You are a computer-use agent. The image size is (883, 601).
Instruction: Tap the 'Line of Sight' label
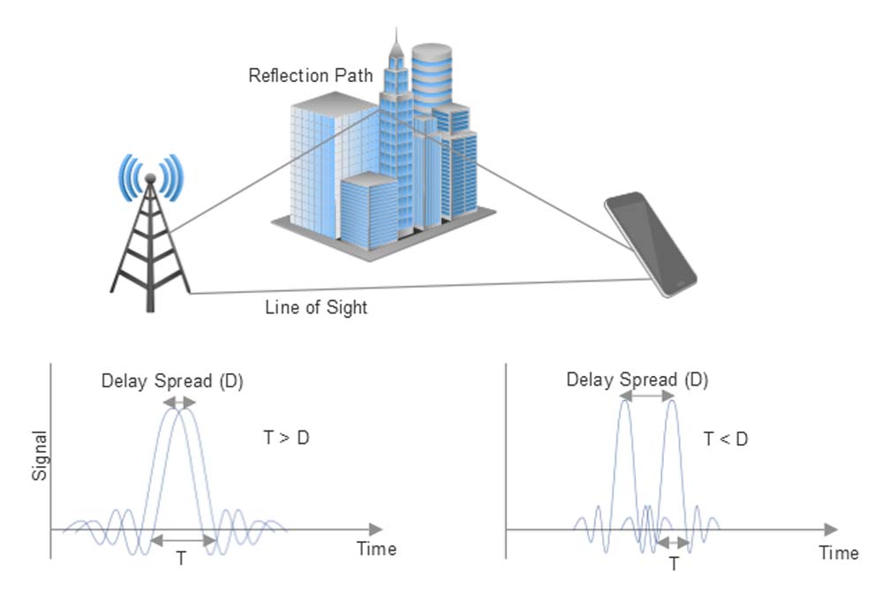(316, 308)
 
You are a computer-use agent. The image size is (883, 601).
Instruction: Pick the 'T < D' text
(726, 438)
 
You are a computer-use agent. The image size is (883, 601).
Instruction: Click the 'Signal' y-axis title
(39, 455)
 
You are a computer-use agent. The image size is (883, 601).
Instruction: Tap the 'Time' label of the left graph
(376, 548)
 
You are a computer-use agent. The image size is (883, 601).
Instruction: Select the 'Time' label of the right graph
(838, 553)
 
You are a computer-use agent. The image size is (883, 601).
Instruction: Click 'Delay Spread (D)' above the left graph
(172, 381)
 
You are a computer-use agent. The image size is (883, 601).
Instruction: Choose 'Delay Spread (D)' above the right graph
(637, 380)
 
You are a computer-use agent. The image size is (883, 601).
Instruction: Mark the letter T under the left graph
(181, 559)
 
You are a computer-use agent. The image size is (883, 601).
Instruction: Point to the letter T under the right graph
(674, 563)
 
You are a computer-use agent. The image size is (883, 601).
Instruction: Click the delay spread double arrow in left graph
(178, 402)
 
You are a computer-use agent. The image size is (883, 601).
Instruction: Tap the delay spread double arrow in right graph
(648, 398)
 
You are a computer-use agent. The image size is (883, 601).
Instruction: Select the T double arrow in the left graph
(181, 540)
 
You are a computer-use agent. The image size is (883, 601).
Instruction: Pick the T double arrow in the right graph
(674, 543)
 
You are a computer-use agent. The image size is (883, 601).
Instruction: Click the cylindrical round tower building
(431, 75)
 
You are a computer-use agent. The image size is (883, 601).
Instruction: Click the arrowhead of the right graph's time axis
(829, 530)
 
